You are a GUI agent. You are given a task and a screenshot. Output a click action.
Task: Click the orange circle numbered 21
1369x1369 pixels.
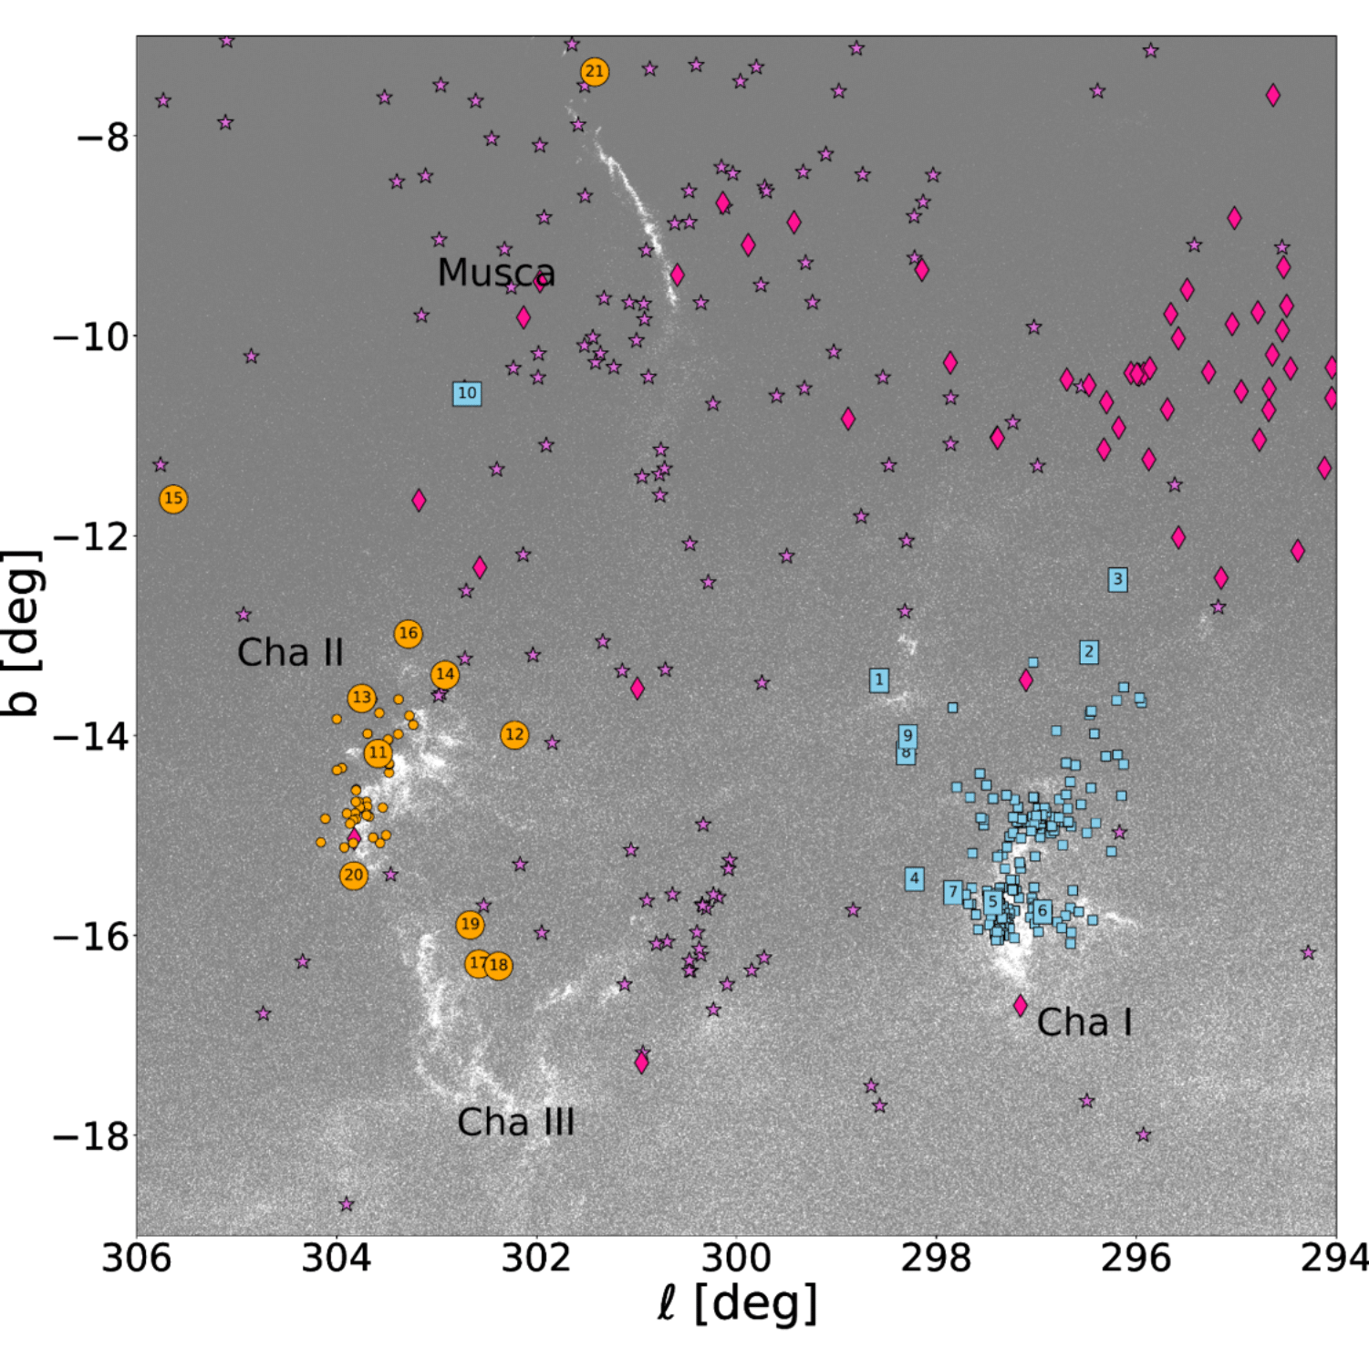click(x=595, y=71)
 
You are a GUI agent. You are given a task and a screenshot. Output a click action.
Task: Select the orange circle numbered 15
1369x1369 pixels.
click(x=173, y=499)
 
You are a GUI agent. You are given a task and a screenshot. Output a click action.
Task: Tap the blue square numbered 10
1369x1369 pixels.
click(x=467, y=393)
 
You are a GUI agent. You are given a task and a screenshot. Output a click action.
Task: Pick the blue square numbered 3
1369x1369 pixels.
click(x=1117, y=579)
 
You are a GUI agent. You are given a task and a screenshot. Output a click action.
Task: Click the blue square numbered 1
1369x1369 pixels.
click(x=879, y=679)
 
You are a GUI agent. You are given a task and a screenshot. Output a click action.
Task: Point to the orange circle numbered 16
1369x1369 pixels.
click(x=408, y=634)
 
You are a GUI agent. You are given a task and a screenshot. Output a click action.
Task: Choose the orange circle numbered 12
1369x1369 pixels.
click(x=514, y=735)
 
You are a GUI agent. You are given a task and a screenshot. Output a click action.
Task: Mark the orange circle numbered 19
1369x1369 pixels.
click(x=470, y=925)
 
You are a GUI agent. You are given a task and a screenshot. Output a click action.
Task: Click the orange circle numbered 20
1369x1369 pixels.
click(x=353, y=876)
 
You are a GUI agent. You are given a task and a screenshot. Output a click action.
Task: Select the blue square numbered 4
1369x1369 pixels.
click(x=915, y=878)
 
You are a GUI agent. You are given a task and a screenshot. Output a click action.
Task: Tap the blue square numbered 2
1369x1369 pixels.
click(x=1088, y=652)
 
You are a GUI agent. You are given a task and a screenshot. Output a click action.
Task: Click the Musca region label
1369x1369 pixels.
click(x=496, y=273)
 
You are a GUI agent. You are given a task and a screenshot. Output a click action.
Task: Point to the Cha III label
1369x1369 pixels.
click(x=515, y=1123)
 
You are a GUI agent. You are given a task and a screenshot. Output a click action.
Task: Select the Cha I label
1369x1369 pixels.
click(x=1084, y=1022)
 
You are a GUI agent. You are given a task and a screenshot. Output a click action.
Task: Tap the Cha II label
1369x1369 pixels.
click(x=290, y=653)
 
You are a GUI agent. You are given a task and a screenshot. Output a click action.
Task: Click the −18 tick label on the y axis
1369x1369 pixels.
click(x=90, y=1136)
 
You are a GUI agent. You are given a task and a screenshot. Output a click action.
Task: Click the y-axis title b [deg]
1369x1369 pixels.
click(x=22, y=633)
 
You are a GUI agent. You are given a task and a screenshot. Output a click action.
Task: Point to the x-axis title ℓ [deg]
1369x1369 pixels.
click(x=736, y=1305)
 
